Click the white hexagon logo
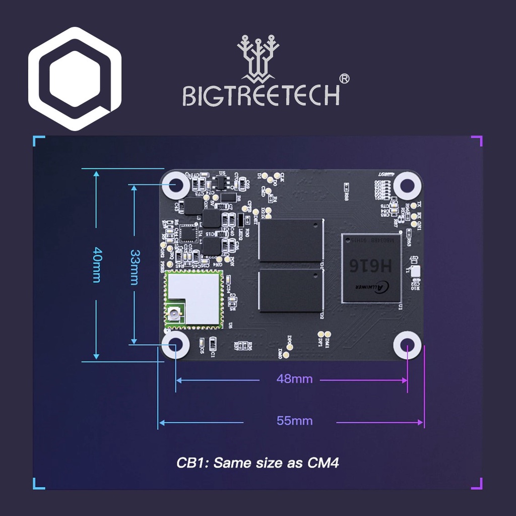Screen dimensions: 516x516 (75, 79)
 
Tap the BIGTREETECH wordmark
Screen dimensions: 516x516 (261, 95)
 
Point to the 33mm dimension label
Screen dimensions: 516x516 (134, 267)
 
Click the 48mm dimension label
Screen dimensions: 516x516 (294, 379)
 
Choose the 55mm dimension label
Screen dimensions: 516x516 (294, 421)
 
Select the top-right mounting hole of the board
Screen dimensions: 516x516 (407, 185)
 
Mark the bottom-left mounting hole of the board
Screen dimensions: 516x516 (175, 345)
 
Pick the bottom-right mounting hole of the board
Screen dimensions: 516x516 (407, 346)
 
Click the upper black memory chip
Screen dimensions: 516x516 (290, 240)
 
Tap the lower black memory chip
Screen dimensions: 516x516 (290, 290)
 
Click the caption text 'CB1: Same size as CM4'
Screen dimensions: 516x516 (257, 463)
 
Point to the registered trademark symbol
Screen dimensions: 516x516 (345, 79)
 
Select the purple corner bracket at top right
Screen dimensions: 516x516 (477, 141)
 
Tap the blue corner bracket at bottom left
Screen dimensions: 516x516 (38, 484)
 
